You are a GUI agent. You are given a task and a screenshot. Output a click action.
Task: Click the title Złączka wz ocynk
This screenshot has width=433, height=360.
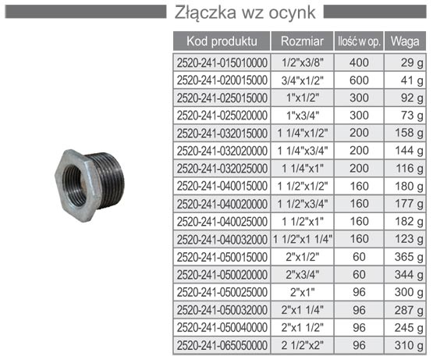tap(245, 12)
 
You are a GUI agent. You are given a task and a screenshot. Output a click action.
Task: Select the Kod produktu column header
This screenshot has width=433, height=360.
tap(222, 41)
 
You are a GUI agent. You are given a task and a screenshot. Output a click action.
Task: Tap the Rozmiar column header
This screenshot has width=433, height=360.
tap(303, 41)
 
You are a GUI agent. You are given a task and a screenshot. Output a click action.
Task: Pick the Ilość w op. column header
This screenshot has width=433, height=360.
tap(359, 41)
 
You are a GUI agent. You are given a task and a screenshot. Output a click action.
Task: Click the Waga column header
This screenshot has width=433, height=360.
tap(405, 41)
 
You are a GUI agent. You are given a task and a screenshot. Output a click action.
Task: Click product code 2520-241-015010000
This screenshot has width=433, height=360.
tap(222, 62)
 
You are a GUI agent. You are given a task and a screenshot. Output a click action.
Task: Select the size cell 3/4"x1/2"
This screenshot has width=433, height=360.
tap(303, 80)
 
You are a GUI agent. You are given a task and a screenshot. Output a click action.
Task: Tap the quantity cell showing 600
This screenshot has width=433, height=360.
tap(359, 80)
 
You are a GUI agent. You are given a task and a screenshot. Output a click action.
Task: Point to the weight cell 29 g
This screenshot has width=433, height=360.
tap(412, 63)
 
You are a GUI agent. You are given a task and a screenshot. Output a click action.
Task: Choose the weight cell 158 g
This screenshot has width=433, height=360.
tap(409, 133)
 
